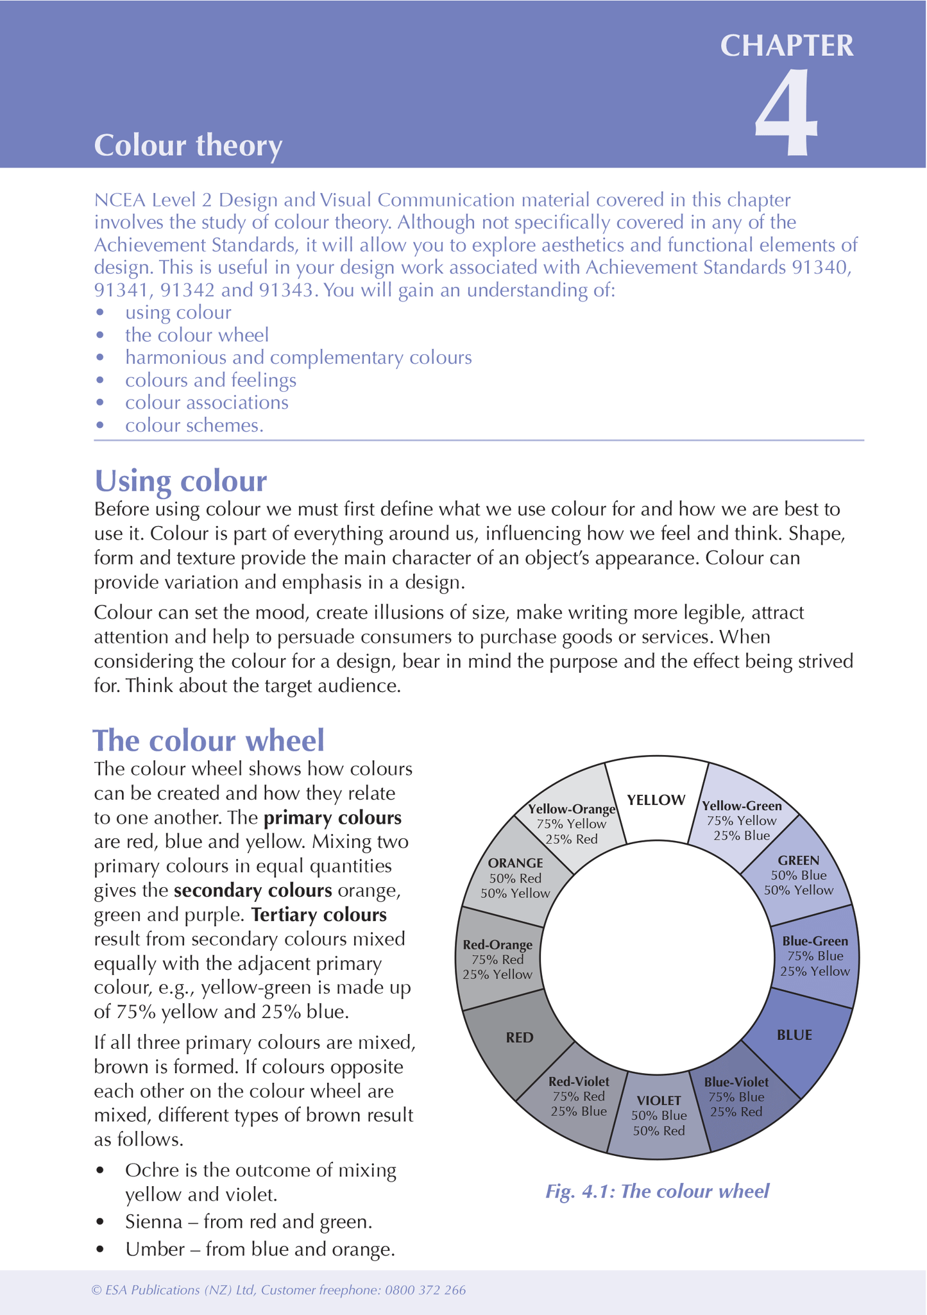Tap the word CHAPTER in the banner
pyautogui.click(x=787, y=46)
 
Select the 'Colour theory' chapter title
pyautogui.click(x=188, y=146)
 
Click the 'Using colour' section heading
pyautogui.click(x=180, y=480)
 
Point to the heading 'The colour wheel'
pyautogui.click(x=208, y=740)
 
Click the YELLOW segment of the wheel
pyautogui.click(x=656, y=800)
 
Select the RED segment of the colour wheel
pyautogui.click(x=519, y=1037)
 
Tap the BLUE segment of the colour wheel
pyautogui.click(x=794, y=1035)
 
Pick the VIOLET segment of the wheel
pyautogui.click(x=659, y=1114)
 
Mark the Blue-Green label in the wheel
pyautogui.click(x=815, y=941)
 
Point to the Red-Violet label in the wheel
pyautogui.click(x=579, y=1082)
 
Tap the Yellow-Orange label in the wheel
pyautogui.click(x=571, y=810)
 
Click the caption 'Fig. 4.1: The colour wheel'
pyautogui.click(x=657, y=1191)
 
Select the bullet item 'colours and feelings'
pyautogui.click(x=210, y=380)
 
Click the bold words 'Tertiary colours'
pyautogui.click(x=319, y=915)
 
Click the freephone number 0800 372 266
pyautogui.click(x=425, y=1290)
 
